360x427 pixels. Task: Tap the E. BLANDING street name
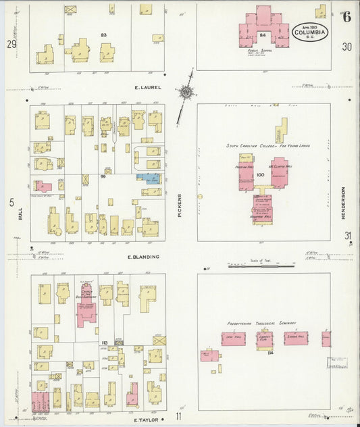[143, 257]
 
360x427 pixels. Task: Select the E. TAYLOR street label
[145, 420]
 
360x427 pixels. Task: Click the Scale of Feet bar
[254, 266]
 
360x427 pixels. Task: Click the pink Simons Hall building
[295, 338]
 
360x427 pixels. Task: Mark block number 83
[104, 34]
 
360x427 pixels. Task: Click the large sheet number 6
[346, 17]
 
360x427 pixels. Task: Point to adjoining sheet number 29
[11, 44]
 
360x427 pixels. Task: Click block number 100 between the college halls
[260, 174]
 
